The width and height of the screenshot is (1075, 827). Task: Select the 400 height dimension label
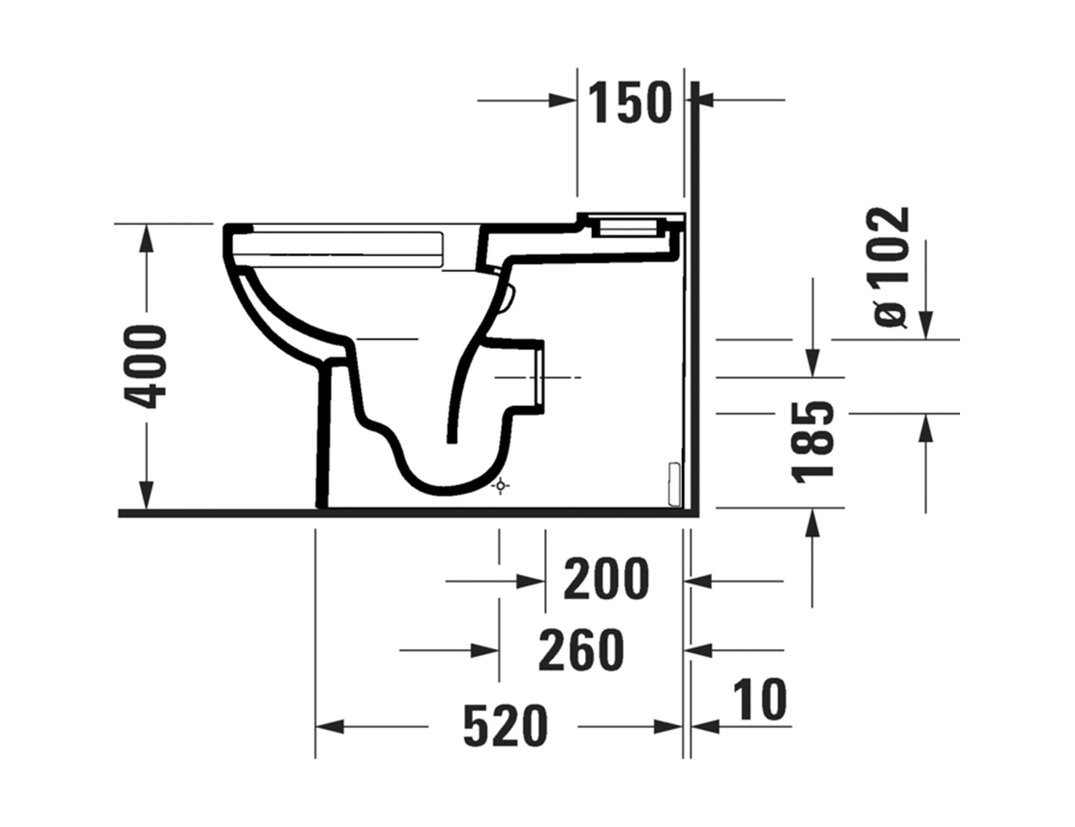145,366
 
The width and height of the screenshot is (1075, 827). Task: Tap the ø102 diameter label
891,267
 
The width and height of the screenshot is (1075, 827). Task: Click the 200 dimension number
606,579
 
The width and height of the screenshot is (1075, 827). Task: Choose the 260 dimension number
581,650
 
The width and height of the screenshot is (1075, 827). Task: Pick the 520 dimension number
505,726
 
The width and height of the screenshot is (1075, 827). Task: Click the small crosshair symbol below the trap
500,487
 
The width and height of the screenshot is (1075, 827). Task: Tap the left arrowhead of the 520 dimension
330,727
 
